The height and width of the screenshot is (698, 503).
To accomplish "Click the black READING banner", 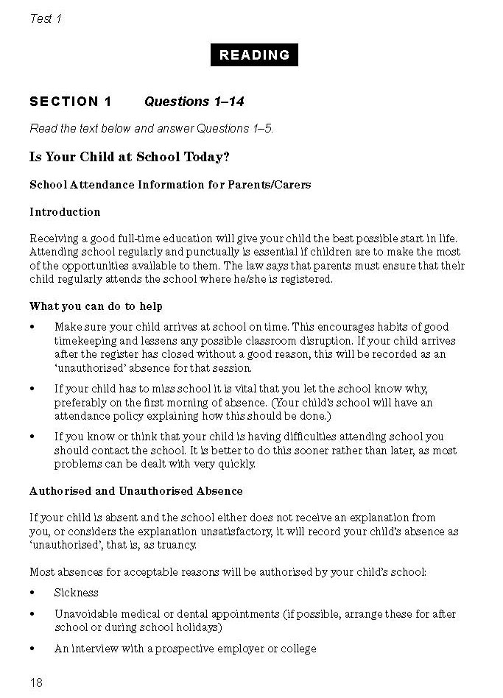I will (255, 55).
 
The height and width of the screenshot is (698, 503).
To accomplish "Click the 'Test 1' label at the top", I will (45, 19).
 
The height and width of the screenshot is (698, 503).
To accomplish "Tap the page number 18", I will (36, 683).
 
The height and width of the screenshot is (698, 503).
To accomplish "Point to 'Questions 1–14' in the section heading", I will (194, 102).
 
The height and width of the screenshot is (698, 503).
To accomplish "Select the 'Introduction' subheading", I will (65, 212).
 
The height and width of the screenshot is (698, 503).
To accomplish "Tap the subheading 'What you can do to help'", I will (96, 306).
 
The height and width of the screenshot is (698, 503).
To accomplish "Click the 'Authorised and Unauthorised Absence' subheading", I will (136, 490).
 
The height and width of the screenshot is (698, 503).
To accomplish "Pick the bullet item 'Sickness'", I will (76, 593).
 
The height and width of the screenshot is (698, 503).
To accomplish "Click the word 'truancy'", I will (177, 546).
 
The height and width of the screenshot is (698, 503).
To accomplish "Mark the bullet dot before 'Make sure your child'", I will (32, 327).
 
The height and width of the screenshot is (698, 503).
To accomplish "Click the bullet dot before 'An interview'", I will (32, 649).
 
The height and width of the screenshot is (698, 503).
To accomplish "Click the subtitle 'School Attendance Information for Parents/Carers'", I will (170, 185).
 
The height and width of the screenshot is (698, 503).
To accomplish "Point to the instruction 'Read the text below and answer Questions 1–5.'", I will (152, 129).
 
